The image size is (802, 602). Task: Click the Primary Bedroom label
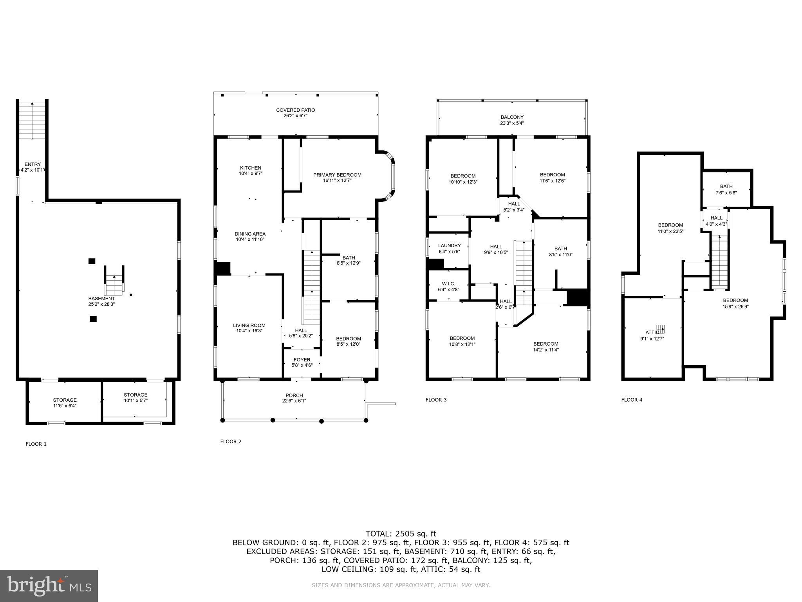[337, 175]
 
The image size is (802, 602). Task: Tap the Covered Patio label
[295, 110]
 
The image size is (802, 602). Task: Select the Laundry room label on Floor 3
[449, 246]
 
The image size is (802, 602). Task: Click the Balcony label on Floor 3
[512, 117]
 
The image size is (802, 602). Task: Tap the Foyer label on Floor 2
[302, 360]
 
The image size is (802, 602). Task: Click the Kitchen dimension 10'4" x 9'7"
[251, 173]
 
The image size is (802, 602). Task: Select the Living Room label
[249, 325]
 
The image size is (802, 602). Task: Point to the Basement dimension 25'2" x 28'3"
[101, 304]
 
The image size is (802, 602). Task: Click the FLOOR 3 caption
[436, 400]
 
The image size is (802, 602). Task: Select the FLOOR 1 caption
[36, 444]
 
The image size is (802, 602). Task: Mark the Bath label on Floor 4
[726, 187]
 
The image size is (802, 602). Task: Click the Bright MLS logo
[49, 586]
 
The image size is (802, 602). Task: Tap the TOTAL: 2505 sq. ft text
[401, 533]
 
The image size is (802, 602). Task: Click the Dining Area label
[250, 234]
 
